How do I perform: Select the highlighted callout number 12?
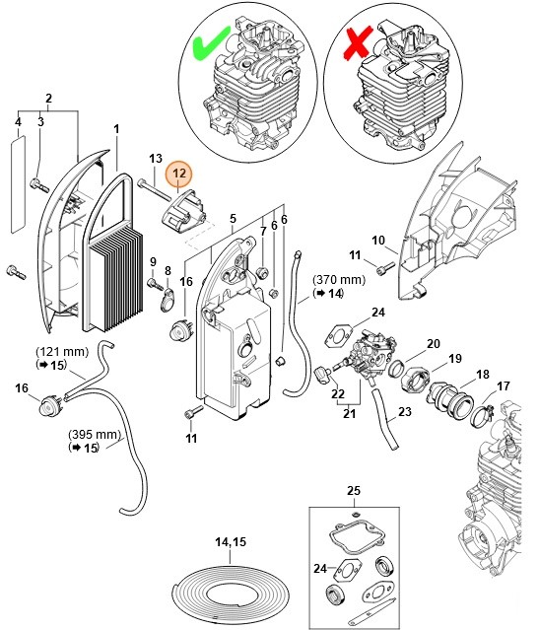click(x=179, y=175)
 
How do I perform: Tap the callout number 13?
click(x=155, y=159)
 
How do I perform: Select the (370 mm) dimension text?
click(x=339, y=279)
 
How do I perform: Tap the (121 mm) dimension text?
click(x=61, y=352)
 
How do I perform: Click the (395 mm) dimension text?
click(x=94, y=434)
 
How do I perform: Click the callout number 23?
click(x=405, y=414)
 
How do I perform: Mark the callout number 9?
click(x=153, y=261)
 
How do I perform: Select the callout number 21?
click(x=350, y=414)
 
